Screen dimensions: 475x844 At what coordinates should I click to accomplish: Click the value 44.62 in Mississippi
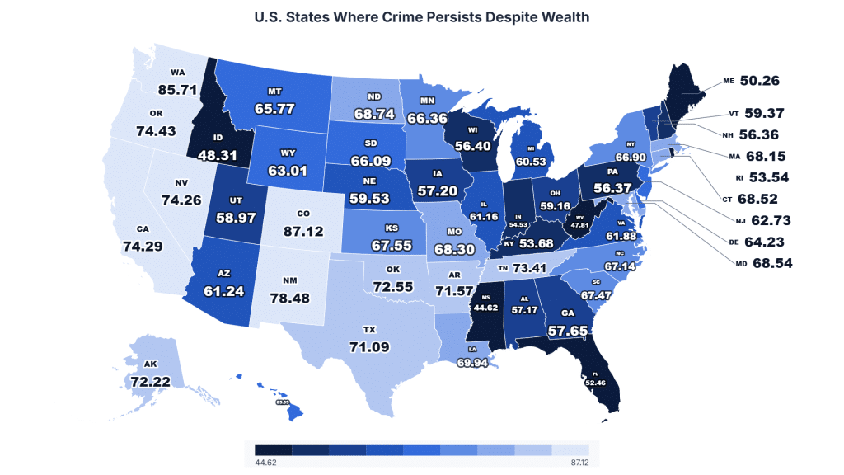point(485,308)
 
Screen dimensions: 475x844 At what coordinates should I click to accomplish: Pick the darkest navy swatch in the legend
point(273,450)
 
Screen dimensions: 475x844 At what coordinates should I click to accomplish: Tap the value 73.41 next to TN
point(532,268)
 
